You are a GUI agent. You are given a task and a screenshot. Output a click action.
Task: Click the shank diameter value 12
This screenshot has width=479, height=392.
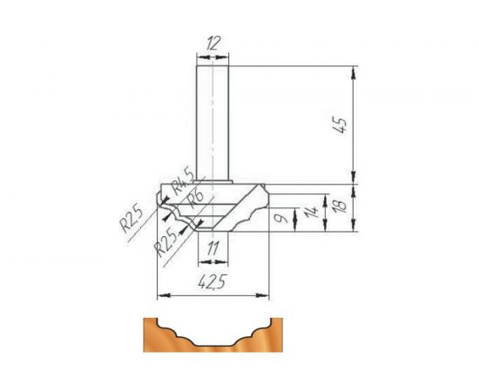coord(213,42)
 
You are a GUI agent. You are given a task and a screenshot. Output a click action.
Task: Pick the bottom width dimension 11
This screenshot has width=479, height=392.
coord(213,249)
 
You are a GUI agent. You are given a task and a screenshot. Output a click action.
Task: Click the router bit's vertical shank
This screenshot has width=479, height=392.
coord(213,122)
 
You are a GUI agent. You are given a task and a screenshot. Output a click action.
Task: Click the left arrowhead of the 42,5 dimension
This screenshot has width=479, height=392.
coord(160,296)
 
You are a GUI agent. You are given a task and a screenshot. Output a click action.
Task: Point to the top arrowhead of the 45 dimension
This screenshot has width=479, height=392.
coord(353,71)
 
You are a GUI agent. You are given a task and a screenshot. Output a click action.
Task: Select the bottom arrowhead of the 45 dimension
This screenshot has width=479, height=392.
coord(353,178)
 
